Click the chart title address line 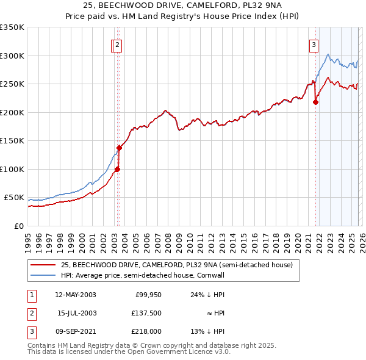click(182, 5)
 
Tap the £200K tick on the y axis click(12, 112)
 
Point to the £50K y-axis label click(14, 198)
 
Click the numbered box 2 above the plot click(117, 44)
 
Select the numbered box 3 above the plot click(314, 44)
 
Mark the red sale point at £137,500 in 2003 click(118, 148)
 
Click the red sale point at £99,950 click(117, 169)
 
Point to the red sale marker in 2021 click(315, 102)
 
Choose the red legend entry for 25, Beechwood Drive click(177, 265)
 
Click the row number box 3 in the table click(31, 331)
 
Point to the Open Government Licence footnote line click(129, 352)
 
